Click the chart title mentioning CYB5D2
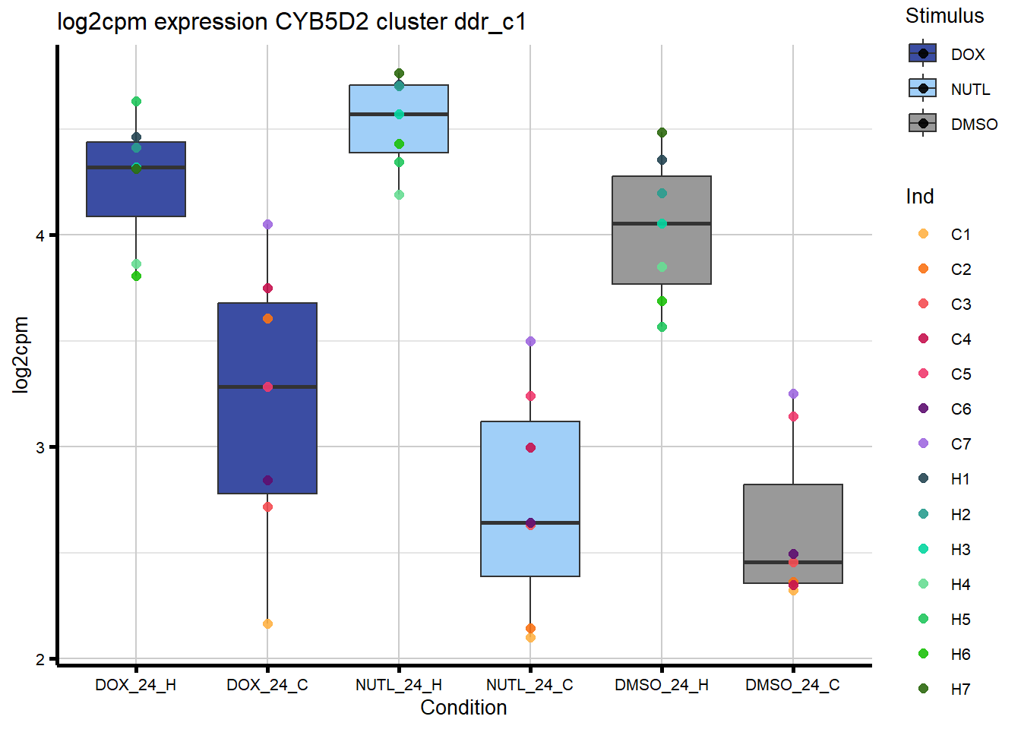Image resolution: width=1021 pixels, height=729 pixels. tap(291, 22)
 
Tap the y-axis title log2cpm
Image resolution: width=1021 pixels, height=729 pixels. tap(21, 355)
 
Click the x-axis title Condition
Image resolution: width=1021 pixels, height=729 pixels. tap(463, 708)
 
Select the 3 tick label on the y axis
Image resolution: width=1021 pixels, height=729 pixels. tap(40, 447)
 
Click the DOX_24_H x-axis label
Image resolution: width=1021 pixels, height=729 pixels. tap(135, 685)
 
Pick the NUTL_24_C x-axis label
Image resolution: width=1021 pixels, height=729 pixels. tap(529, 685)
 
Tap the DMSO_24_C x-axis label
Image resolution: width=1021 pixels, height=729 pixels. tap(792, 685)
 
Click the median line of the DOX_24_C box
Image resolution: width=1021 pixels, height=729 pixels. tap(267, 387)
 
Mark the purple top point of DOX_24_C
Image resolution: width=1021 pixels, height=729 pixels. tap(267, 224)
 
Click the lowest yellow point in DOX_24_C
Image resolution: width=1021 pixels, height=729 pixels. tap(267, 623)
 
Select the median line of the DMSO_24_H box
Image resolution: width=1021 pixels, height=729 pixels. tap(662, 223)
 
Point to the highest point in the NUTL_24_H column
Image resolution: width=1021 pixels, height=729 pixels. tap(399, 74)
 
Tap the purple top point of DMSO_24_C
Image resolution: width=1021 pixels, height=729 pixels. tap(793, 393)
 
